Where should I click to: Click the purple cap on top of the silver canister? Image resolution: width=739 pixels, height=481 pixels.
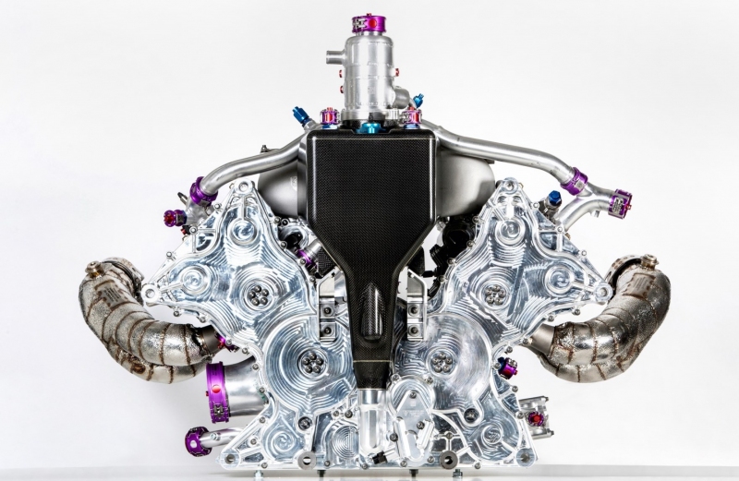[369, 23]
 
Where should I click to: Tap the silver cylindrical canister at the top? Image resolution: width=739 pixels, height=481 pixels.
[369, 69]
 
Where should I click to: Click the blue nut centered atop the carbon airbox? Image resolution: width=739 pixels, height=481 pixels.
[369, 126]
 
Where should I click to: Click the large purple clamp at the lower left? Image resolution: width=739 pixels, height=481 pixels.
[218, 392]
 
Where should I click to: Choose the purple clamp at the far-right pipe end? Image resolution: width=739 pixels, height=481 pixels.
[621, 203]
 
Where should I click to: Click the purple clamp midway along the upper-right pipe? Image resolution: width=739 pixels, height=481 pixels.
[575, 181]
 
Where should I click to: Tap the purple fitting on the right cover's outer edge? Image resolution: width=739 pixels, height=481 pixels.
[507, 367]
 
